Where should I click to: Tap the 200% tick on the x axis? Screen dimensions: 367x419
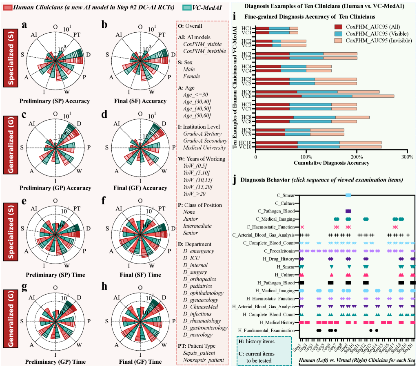(x=357, y=157)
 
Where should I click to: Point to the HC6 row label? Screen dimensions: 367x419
(x=246, y=92)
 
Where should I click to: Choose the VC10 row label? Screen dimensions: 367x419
(x=246, y=147)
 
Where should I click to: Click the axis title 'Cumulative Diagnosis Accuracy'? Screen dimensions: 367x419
(x=331, y=163)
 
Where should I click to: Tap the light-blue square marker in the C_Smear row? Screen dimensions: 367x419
(x=348, y=195)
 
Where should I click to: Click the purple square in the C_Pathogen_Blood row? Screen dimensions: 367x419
(x=348, y=211)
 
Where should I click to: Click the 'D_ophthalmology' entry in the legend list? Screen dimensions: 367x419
(x=204, y=293)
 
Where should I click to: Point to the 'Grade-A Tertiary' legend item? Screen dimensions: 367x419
(x=202, y=134)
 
